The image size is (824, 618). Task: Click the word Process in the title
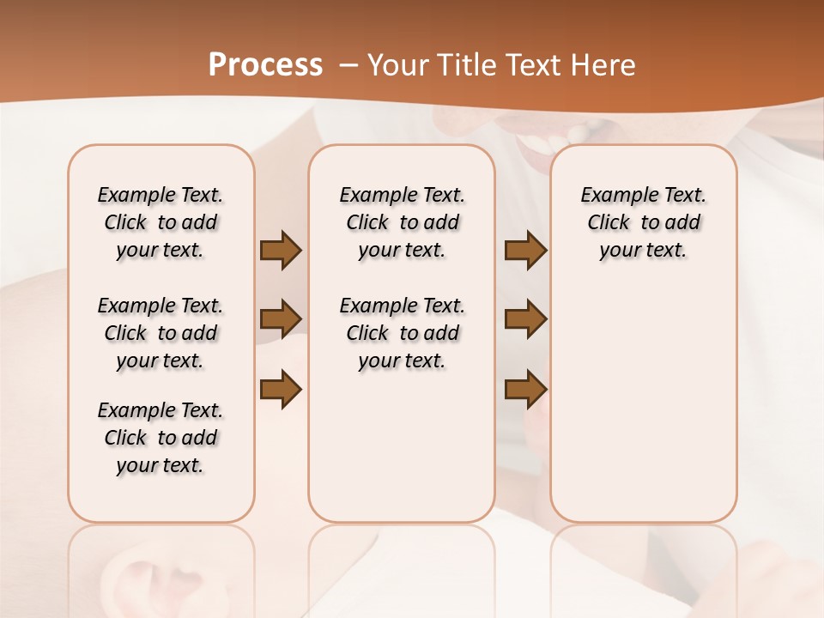tap(265, 65)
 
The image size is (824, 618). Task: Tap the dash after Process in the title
tap(348, 65)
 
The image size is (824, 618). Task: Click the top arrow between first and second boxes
tap(281, 250)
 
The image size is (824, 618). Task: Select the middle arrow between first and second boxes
tap(281, 319)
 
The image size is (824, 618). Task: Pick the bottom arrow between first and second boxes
tap(281, 389)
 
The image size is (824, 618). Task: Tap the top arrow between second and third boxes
tap(525, 250)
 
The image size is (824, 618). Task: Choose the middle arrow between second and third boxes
tap(525, 319)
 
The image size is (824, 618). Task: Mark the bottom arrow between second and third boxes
tap(525, 389)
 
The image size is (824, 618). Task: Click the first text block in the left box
tap(161, 222)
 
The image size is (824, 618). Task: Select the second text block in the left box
tap(161, 333)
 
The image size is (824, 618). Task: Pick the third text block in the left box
tap(161, 438)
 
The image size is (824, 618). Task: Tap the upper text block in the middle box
tap(402, 222)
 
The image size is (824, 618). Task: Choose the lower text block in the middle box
tap(402, 333)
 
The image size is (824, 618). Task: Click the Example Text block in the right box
tap(643, 222)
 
